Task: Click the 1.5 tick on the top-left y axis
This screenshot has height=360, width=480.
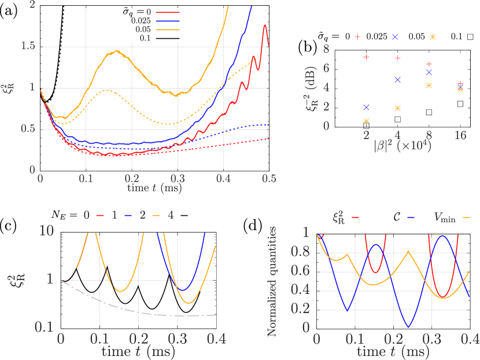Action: (x=28, y=46)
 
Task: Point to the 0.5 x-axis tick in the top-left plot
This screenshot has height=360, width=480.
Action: (x=268, y=179)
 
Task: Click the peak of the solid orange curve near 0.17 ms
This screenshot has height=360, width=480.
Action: (x=117, y=51)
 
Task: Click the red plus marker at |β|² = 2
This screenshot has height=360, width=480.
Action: (x=366, y=57)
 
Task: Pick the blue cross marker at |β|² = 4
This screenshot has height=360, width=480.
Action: (x=397, y=79)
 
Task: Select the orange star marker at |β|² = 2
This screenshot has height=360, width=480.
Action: (x=366, y=120)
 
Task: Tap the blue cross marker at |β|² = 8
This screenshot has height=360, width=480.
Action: (x=429, y=72)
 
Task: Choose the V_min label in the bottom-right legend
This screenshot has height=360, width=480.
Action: (x=444, y=218)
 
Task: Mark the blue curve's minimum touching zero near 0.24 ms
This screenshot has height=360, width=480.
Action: (x=409, y=327)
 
